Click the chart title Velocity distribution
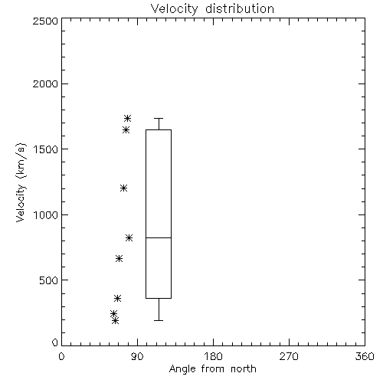[212, 9]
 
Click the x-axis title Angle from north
[212, 369]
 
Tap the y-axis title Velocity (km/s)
[21, 182]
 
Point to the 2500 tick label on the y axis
[45, 21]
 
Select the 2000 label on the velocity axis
[45, 83]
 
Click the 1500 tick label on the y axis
[46, 149]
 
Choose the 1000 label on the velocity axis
[46, 215]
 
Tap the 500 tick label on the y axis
[49, 280]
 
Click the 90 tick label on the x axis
[137, 356]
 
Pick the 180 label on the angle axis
[213, 356]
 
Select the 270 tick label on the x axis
[289, 356]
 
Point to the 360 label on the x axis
[365, 356]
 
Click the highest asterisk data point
[127, 119]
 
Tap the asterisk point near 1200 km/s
[123, 188]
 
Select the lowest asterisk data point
[115, 320]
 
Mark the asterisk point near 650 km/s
[119, 259]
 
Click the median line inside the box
[159, 237]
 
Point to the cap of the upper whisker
[159, 118]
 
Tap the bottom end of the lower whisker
[159, 320]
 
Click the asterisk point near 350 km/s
[117, 298]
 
